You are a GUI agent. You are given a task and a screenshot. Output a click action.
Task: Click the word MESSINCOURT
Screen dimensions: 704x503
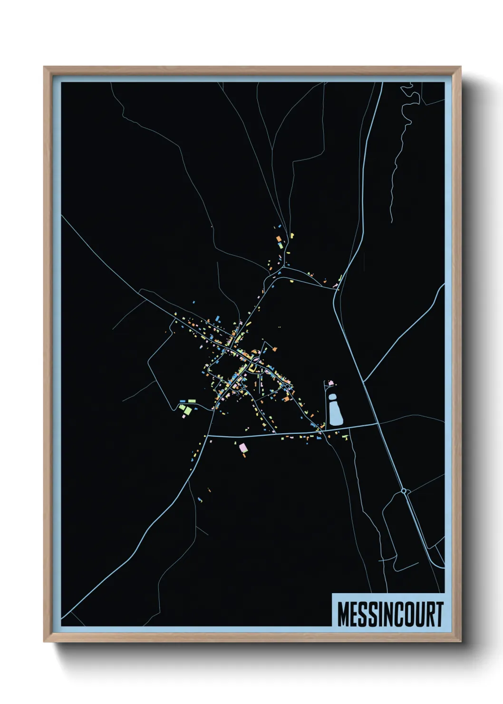[390, 614]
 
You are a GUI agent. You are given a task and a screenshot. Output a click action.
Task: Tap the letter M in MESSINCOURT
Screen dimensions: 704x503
[343, 614]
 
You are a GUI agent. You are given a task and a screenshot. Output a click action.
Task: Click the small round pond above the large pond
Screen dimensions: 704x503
[332, 396]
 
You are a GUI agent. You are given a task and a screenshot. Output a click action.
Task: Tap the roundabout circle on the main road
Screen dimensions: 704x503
[404, 490]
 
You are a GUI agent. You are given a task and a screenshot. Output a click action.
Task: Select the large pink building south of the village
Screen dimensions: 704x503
[243, 447]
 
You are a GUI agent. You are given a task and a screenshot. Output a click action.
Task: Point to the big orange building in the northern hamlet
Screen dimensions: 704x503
[279, 239]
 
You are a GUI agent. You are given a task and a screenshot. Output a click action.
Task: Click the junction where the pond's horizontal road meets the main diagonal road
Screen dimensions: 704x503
[378, 422]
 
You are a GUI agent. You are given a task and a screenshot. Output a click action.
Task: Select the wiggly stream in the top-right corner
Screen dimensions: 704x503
[402, 143]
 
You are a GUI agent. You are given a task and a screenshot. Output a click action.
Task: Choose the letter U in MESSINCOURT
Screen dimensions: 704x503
[420, 614]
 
